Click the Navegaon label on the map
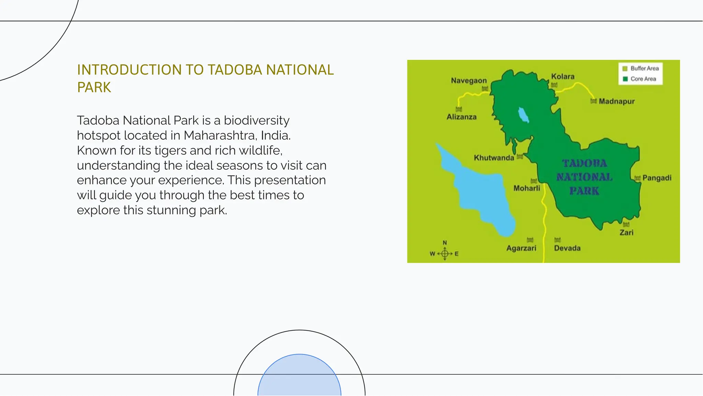click(x=469, y=81)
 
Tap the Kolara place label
click(x=563, y=76)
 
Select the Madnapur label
click(x=616, y=101)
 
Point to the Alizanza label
click(x=461, y=117)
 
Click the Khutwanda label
click(x=494, y=158)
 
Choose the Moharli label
click(x=527, y=188)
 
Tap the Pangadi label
click(x=657, y=178)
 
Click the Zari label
click(x=626, y=233)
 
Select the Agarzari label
click(x=521, y=248)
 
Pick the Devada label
click(x=567, y=248)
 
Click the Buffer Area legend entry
click(x=644, y=68)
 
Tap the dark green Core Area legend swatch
click(x=625, y=79)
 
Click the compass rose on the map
click(x=445, y=254)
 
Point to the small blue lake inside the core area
click(x=523, y=115)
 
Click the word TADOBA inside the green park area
click(x=584, y=163)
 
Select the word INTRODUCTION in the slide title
click(x=129, y=70)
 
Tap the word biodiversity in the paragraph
click(x=256, y=121)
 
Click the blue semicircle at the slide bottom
click(x=299, y=376)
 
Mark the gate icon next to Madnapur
click(x=593, y=101)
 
